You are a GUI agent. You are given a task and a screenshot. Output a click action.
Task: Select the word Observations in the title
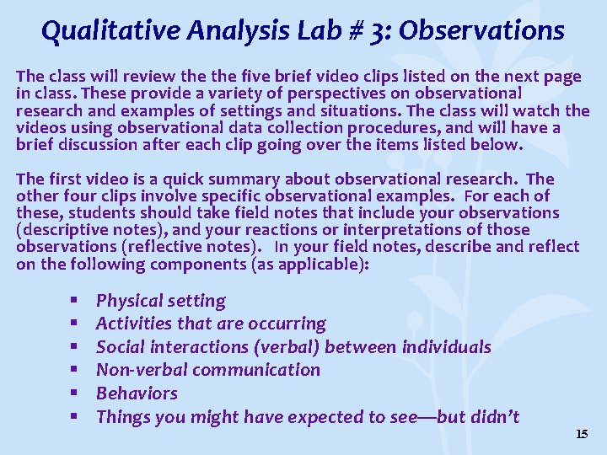tap(481, 31)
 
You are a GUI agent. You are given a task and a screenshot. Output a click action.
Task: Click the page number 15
tap(581, 434)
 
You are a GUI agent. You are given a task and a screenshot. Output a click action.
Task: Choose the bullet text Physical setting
tap(161, 301)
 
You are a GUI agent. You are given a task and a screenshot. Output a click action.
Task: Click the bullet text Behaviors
tap(137, 393)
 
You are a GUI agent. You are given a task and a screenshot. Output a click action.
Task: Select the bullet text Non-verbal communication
tap(208, 370)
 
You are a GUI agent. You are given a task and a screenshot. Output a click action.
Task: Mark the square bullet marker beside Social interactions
tap(75, 347)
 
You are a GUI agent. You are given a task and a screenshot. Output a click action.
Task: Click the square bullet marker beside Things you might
tap(75, 416)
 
